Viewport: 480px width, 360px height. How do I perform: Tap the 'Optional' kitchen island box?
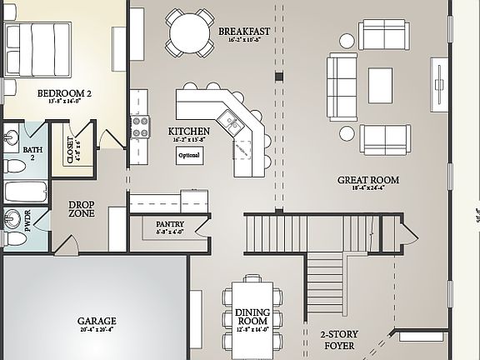(x=189, y=156)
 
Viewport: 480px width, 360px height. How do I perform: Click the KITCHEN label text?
(x=188, y=132)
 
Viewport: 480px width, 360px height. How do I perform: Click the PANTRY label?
(x=171, y=223)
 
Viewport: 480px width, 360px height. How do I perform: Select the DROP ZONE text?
(x=81, y=209)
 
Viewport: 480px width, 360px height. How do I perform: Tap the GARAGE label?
(x=97, y=321)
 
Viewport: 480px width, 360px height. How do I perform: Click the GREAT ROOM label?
(x=367, y=179)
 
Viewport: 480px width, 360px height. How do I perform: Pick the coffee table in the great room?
(x=380, y=81)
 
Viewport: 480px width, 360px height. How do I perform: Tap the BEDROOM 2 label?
(x=64, y=93)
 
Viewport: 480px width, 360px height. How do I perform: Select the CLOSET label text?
(x=69, y=151)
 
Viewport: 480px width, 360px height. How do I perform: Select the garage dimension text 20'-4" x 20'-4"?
(x=97, y=331)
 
